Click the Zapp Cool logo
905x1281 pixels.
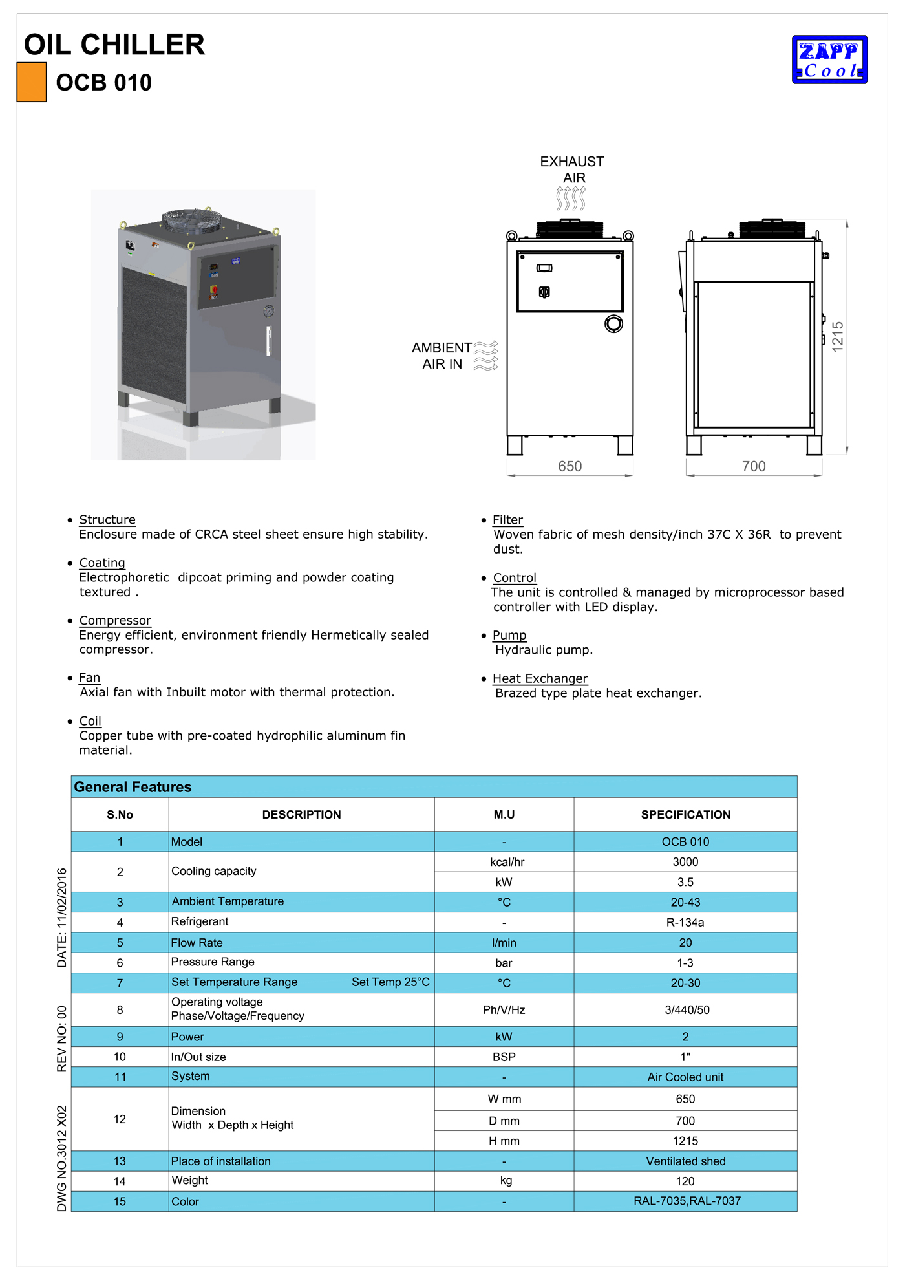[829, 59]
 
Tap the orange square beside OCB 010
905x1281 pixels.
[32, 82]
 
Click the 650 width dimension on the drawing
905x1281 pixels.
[570, 466]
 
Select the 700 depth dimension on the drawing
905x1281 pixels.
[754, 466]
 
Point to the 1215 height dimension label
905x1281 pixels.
[838, 337]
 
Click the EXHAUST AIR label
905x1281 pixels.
[572, 169]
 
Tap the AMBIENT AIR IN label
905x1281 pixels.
[442, 356]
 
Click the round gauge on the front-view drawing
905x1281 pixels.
[613, 323]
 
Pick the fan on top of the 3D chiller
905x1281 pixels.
[192, 219]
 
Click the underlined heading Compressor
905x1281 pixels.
[115, 620]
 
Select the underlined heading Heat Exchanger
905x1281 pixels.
[540, 678]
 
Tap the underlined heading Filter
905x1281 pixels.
[507, 520]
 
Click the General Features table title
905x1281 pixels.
[133, 787]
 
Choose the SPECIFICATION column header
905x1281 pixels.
[685, 815]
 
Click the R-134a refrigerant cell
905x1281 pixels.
[685, 922]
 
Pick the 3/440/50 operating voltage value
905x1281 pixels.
[687, 1010]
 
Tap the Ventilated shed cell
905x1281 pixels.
[685, 1161]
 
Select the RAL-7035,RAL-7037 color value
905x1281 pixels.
[687, 1201]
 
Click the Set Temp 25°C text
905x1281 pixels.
[390, 982]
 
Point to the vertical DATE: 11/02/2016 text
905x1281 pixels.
[62, 918]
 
